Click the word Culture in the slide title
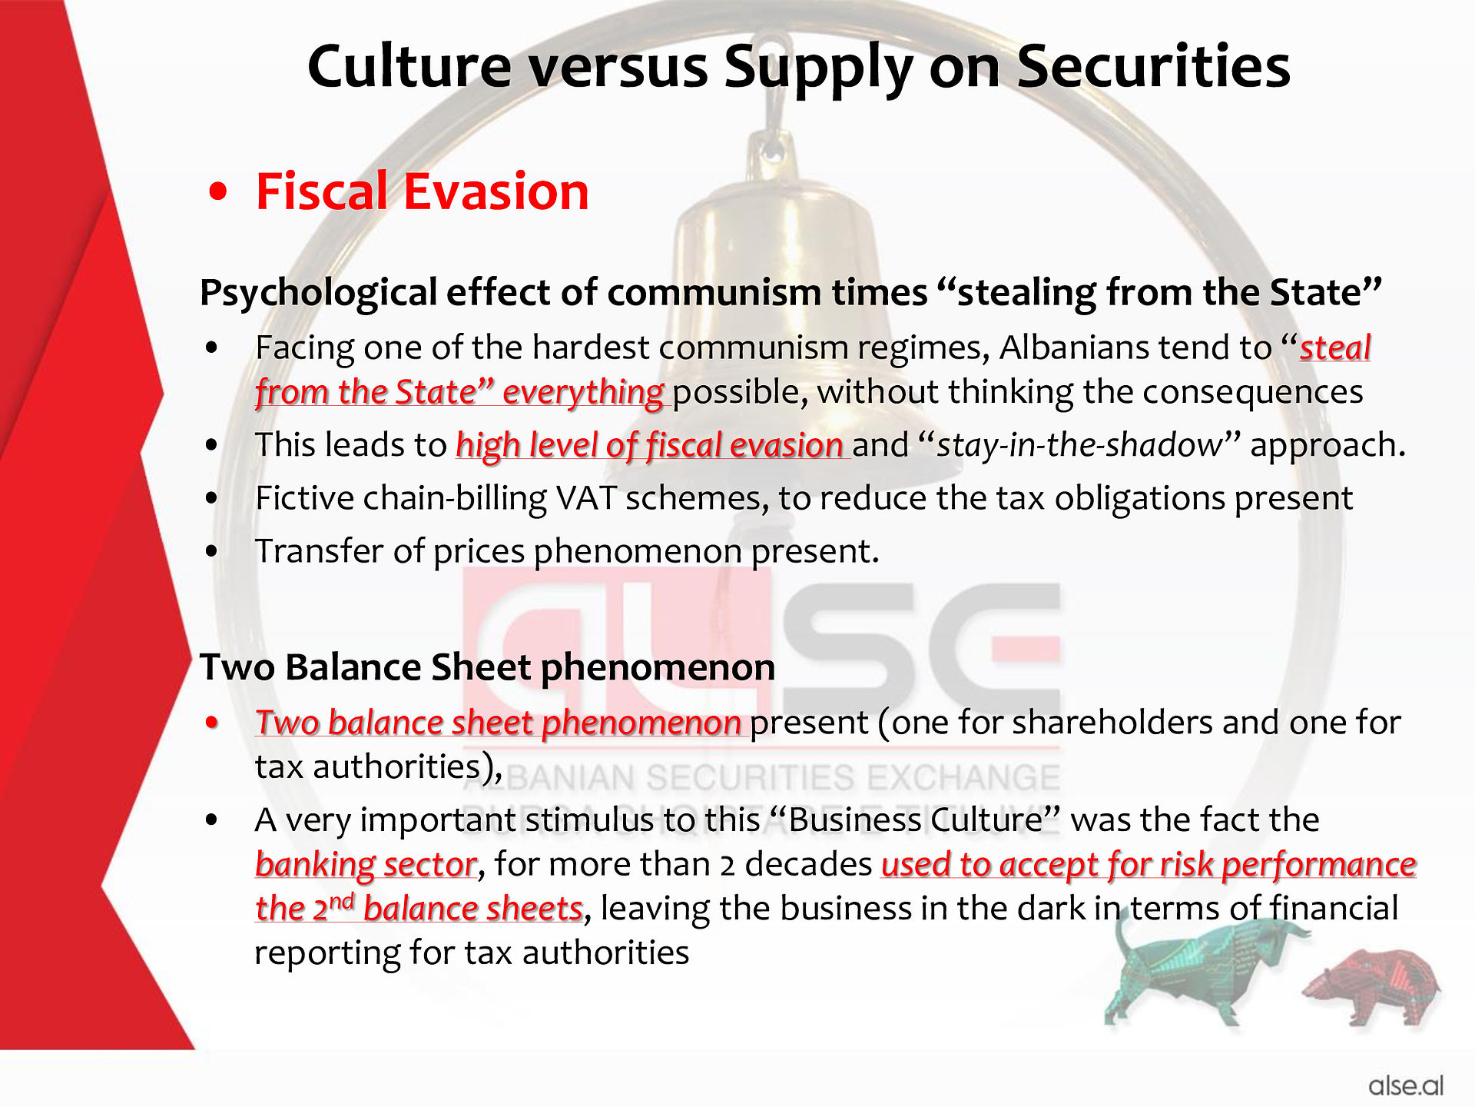point(409,66)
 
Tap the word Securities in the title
point(1153,66)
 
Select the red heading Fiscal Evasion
point(422,191)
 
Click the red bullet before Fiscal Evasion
point(219,192)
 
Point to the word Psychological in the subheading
point(319,294)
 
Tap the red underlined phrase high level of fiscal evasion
point(650,445)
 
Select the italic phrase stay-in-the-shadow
point(1079,445)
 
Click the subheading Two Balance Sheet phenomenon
point(488,667)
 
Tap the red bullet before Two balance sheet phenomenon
point(213,723)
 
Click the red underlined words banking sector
point(366,864)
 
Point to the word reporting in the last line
point(327,953)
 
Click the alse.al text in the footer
point(1406,1085)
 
